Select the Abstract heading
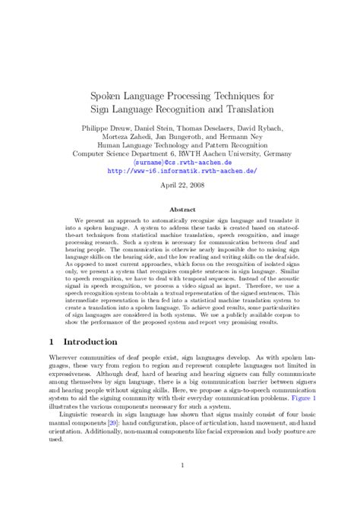point(179,207)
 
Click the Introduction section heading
point(86,343)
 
